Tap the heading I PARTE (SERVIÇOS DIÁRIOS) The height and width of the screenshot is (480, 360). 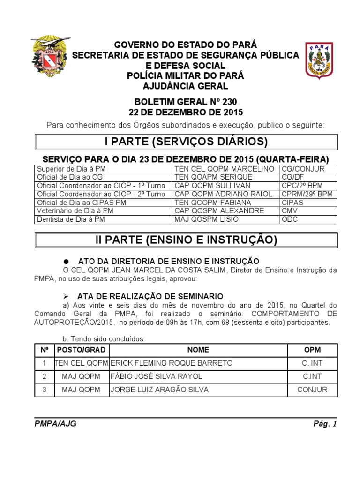[x=186, y=142]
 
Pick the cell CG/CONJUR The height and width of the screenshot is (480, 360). [x=303, y=169]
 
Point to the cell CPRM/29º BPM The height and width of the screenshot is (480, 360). [x=307, y=194]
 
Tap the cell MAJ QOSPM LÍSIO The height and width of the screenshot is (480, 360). [x=206, y=219]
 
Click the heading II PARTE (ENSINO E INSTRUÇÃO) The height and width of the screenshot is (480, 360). [x=186, y=240]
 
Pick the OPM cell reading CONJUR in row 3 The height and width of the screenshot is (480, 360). [x=312, y=390]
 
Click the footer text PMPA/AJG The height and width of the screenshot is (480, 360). [x=55, y=424]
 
